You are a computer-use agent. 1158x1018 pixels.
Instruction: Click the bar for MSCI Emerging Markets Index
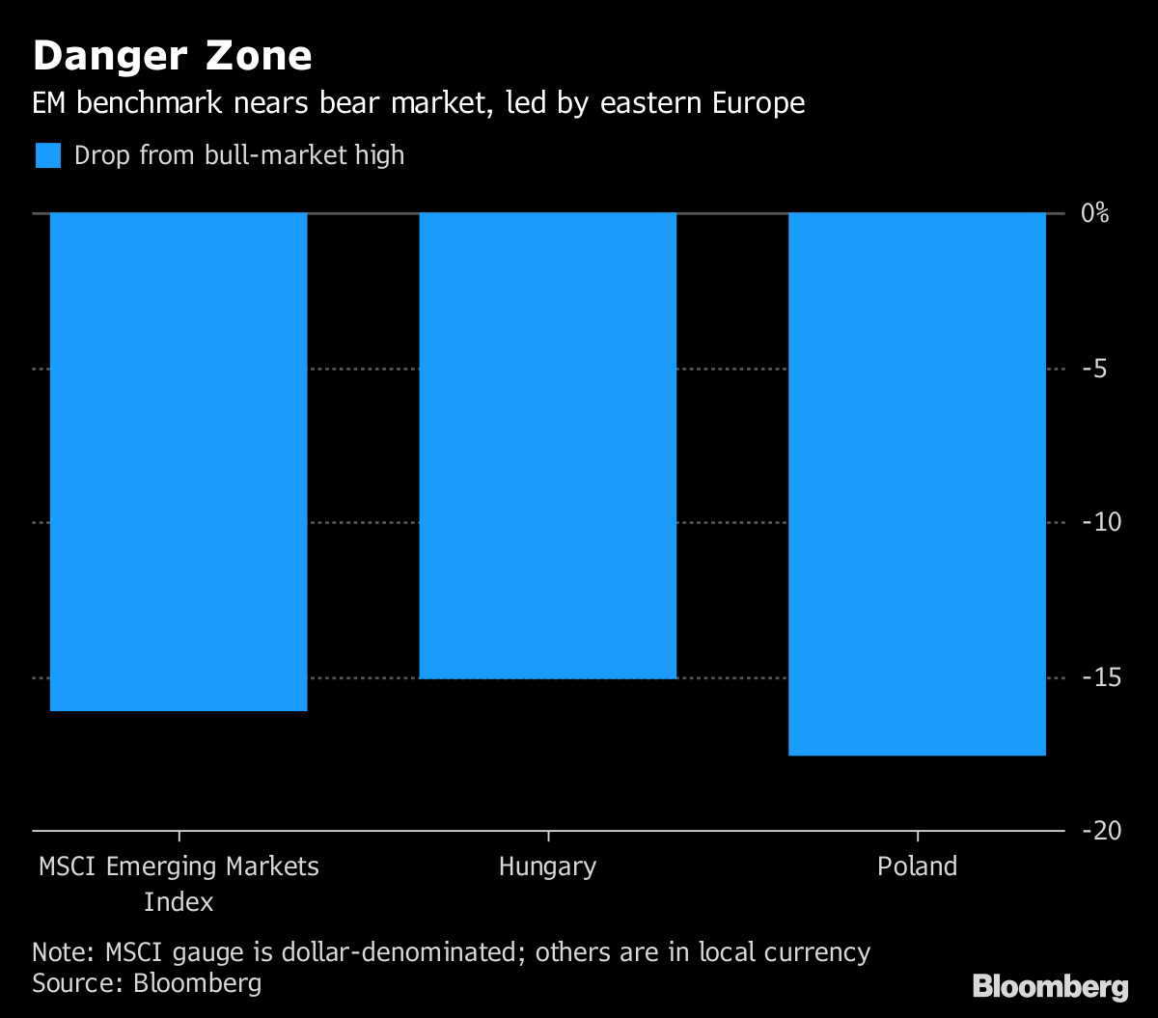(x=179, y=461)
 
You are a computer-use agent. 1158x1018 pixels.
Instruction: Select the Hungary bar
(x=547, y=445)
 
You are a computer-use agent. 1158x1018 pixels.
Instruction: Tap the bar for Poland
(x=917, y=483)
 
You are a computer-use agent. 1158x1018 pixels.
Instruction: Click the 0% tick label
(x=1094, y=213)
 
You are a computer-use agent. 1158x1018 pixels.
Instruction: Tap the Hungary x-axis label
(x=547, y=867)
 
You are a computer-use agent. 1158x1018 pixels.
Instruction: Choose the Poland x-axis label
(x=917, y=867)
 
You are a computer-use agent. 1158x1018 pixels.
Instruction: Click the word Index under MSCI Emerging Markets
(x=179, y=902)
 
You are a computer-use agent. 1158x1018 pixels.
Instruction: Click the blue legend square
(x=48, y=155)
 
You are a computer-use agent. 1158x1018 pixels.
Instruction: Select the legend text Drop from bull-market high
(x=239, y=155)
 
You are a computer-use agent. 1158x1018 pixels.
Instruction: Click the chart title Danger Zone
(x=173, y=56)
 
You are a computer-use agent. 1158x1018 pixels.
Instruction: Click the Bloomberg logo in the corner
(x=1050, y=986)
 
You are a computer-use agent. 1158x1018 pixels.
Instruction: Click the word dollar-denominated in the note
(x=404, y=952)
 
